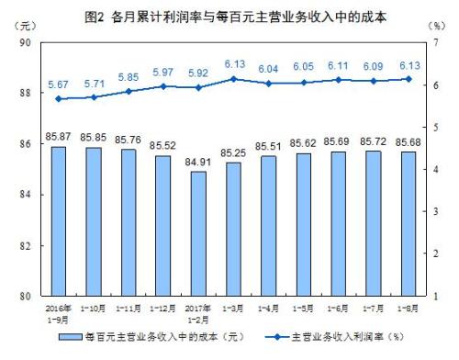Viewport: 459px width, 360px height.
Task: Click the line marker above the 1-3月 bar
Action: click(x=232, y=79)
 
